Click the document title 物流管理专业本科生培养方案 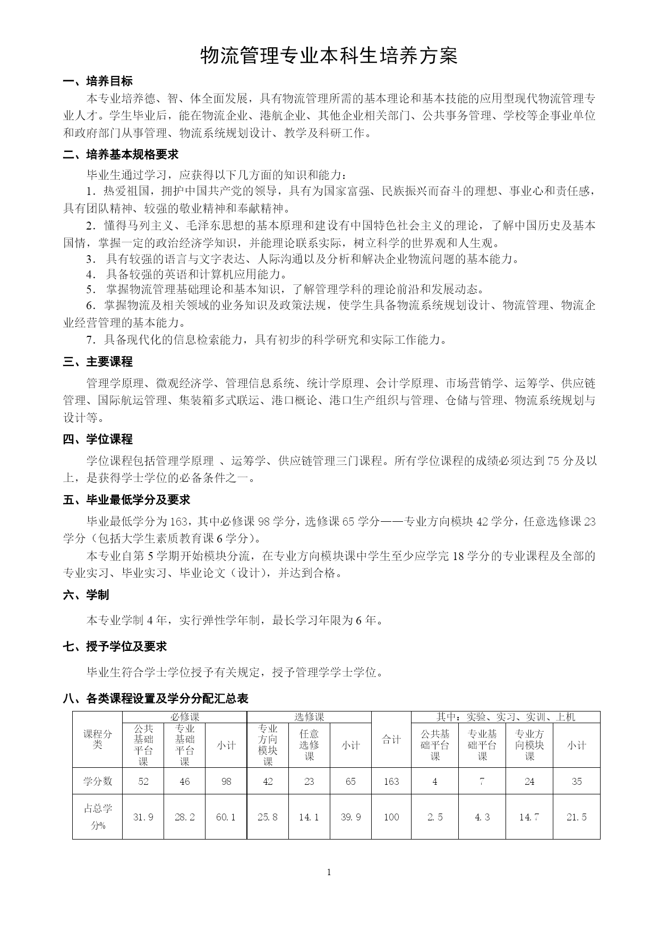329,55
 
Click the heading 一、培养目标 98,81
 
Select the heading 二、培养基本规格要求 121,155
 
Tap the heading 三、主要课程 98,362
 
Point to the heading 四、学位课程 98,439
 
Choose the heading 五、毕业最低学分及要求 126,500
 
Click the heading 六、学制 86,595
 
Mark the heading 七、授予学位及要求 115,646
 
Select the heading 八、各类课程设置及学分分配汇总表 156,698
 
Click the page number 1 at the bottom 329,871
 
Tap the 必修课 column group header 184,717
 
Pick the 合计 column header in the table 391,740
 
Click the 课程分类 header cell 98,740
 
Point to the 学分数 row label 98,781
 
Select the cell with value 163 391,781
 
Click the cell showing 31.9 143,817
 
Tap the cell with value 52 143,781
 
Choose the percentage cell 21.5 577,817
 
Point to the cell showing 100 391,817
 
